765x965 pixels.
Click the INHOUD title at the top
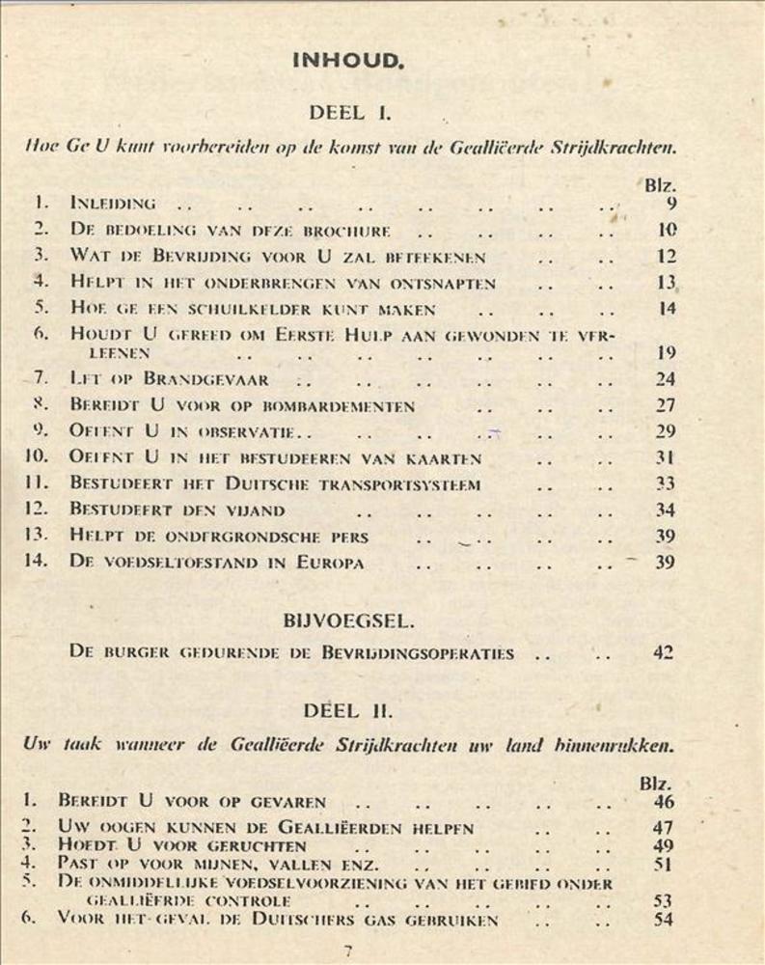(345, 61)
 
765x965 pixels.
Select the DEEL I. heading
(349, 113)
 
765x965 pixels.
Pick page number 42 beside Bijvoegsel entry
(662, 653)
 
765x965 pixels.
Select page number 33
(665, 484)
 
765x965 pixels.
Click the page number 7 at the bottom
(348, 951)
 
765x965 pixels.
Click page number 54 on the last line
(662, 921)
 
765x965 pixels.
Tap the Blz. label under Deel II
(657, 784)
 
